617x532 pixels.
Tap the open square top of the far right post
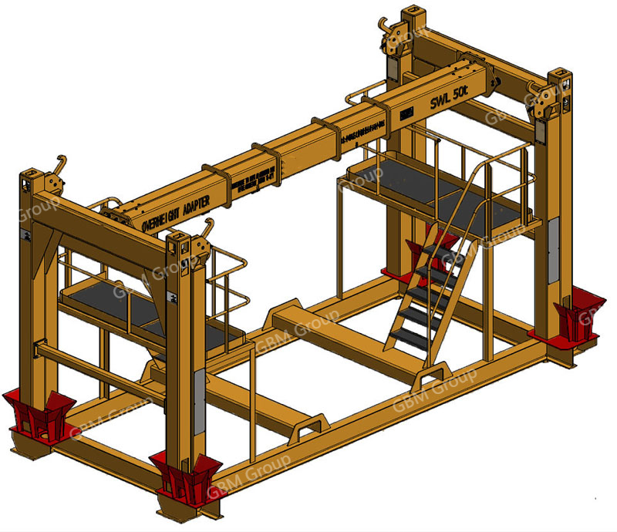coord(561,80)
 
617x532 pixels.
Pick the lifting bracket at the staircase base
coord(428,378)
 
